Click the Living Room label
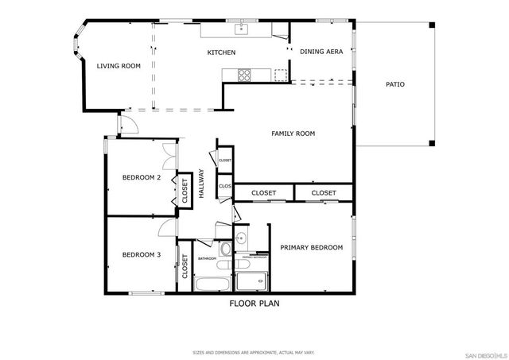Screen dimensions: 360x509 [x=119, y=66]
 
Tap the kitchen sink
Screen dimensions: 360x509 [x=242, y=31]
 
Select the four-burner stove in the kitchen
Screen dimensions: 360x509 [x=243, y=75]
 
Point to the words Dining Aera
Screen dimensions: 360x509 [x=321, y=52]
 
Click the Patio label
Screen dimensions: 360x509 [x=395, y=83]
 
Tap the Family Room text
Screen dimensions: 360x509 [x=293, y=134]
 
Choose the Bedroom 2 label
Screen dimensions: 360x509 [x=142, y=177]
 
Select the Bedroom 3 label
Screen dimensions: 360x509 [x=142, y=254]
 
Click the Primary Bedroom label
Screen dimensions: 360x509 [x=311, y=248]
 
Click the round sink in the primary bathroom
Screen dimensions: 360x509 [x=242, y=238]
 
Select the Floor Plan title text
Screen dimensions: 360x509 [x=254, y=303]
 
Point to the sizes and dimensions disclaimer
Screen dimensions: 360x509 [x=254, y=350]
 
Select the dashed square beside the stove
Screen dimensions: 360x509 [x=280, y=75]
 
